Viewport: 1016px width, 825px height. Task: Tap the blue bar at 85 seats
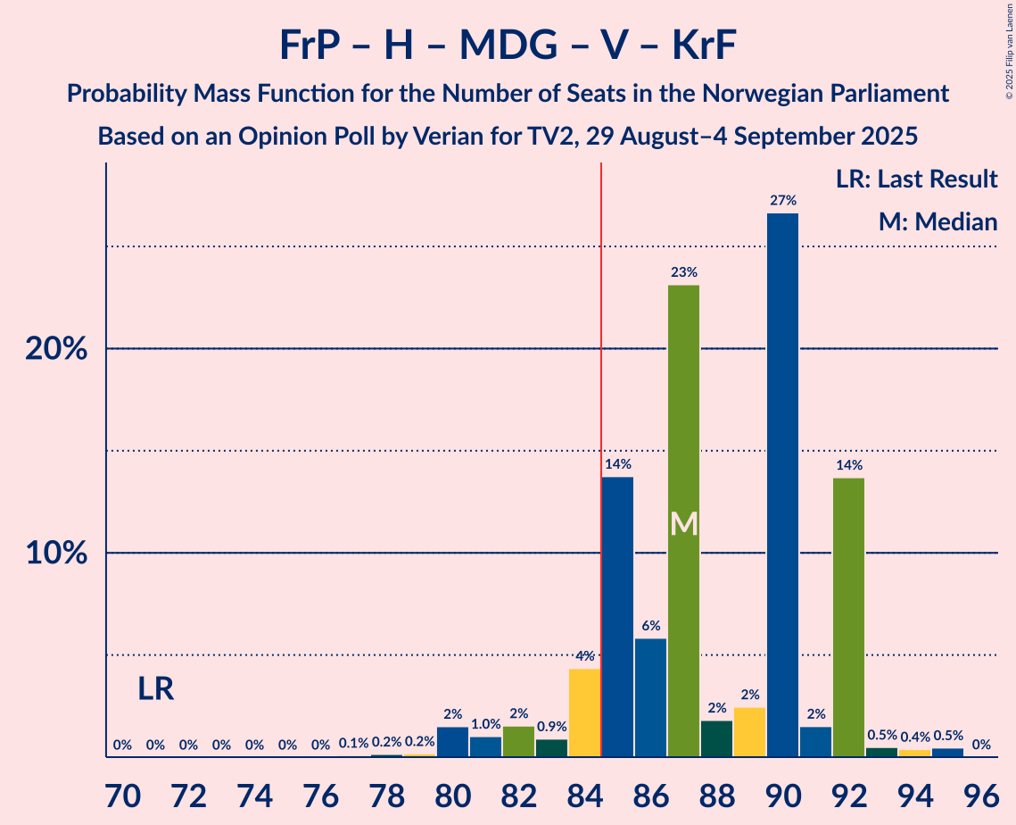617,617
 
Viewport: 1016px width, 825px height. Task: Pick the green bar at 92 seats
848,617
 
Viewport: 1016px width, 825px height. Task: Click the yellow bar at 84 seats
584,712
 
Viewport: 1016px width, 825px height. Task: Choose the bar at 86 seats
650,697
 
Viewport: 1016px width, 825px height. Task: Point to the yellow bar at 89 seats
749,732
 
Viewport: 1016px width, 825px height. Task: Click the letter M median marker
683,524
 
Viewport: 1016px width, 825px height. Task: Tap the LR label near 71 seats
156,688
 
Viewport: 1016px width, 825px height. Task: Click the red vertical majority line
601,446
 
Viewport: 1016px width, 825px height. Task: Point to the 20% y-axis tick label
56,349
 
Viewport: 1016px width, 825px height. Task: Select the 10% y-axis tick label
56,554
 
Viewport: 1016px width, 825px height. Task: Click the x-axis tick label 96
980,793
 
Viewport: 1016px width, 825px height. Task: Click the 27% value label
782,201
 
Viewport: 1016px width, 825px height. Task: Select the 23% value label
683,272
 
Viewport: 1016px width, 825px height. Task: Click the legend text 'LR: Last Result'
916,179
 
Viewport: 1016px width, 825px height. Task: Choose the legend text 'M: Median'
937,221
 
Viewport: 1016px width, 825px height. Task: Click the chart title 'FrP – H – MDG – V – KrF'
508,45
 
